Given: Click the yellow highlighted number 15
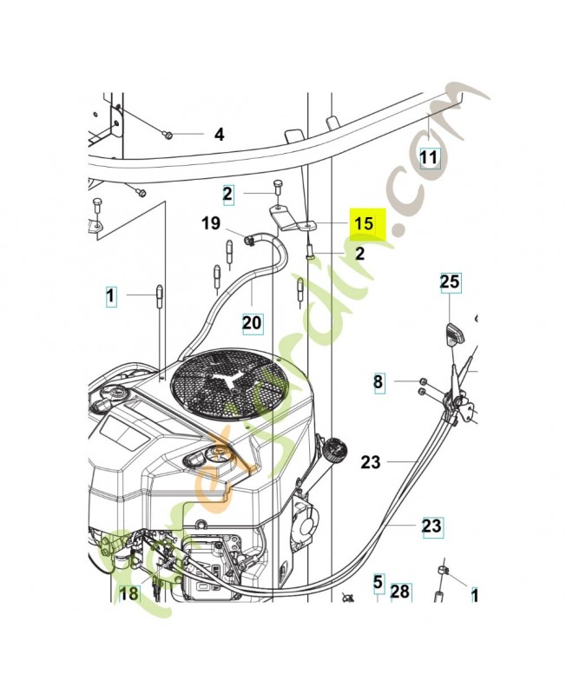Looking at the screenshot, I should pyautogui.click(x=363, y=223).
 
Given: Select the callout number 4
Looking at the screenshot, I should pyautogui.click(x=219, y=135).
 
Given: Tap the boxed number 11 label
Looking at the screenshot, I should pyautogui.click(x=429, y=157).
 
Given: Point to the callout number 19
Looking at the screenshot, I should pyautogui.click(x=211, y=223).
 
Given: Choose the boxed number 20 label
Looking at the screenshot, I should pyautogui.click(x=251, y=322).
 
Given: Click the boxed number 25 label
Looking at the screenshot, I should pyautogui.click(x=450, y=282).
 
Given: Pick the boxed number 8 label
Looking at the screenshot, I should pyautogui.click(x=378, y=382).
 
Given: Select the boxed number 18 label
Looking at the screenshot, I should pyautogui.click(x=128, y=594).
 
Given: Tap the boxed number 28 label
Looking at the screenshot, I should pyautogui.click(x=399, y=591).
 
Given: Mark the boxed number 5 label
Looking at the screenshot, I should pyautogui.click(x=378, y=583).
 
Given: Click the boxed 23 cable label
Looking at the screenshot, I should pyautogui.click(x=431, y=526).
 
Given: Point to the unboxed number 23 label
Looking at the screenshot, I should pyautogui.click(x=371, y=463).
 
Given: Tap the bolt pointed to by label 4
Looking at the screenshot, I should pyautogui.click(x=168, y=134).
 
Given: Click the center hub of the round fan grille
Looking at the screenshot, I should pyautogui.click(x=230, y=383).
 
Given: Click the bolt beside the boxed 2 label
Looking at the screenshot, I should pyautogui.click(x=277, y=187).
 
